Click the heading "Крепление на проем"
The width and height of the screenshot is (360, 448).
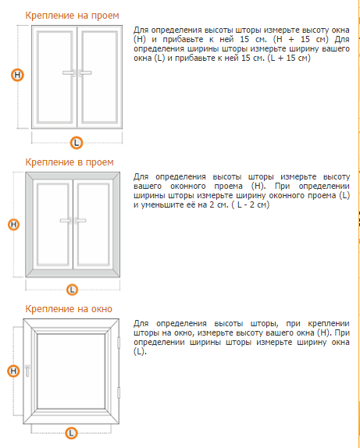coord(72,16)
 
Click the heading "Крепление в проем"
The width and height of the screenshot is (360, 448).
coord(70,162)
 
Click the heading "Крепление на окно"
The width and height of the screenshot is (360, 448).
coord(69,309)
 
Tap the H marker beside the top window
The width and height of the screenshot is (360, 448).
coord(17,75)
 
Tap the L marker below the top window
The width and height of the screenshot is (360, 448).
coord(77,143)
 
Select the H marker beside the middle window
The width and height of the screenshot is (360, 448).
coord(13,225)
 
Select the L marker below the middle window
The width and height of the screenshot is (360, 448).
coord(72,290)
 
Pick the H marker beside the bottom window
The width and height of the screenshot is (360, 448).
coord(13,372)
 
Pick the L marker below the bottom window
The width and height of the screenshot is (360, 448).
coord(71,433)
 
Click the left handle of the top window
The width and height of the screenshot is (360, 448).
coord(69,73)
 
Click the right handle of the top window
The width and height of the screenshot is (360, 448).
coord(85,73)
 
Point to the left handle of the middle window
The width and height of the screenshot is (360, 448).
coord(66,221)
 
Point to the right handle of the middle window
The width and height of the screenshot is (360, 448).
coord(80,221)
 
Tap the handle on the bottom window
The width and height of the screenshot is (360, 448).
coord(28,371)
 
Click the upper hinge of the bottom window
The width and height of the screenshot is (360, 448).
coord(119,343)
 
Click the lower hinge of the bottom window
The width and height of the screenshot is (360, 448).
coord(119,393)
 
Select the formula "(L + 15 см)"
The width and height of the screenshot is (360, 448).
coord(289,59)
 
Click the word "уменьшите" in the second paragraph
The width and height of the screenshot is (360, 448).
coord(162,205)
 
